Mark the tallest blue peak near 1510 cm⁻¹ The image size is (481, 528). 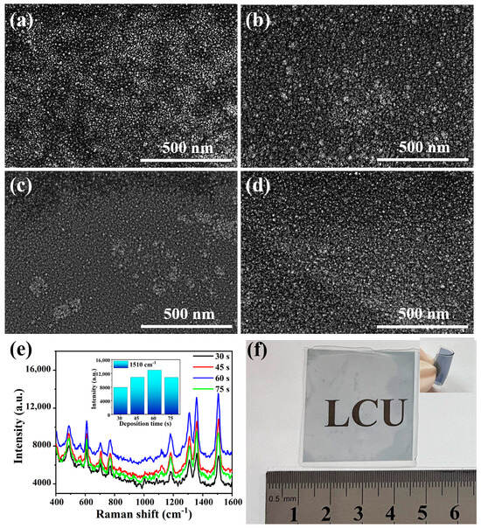218,420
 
